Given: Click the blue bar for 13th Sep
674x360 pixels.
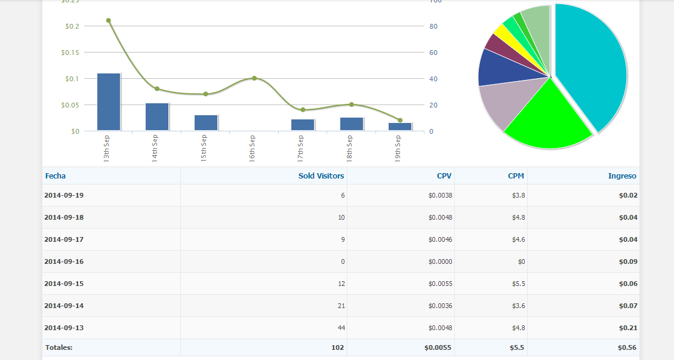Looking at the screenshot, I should point(109,101).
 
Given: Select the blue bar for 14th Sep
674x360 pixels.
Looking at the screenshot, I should point(157,116).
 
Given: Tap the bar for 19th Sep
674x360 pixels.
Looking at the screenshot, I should point(400,127).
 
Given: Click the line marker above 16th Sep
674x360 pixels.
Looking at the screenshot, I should point(254,78).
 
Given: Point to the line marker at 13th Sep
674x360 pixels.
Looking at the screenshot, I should point(109,20).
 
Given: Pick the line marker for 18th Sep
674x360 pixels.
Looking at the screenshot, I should point(352,104).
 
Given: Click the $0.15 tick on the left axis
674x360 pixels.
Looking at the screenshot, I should point(70,53).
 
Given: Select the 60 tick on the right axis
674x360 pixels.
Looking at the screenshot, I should point(433,53).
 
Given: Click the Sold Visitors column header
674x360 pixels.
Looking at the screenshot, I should point(321,176).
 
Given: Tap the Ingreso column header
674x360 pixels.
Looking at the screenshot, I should point(622,176).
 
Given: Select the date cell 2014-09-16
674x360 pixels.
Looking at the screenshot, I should point(64,261).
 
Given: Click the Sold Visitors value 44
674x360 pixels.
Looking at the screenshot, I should point(341,328).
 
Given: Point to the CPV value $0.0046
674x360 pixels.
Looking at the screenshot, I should point(440,239).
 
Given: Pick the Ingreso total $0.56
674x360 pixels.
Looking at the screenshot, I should point(627,347).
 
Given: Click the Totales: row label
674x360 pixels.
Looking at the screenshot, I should point(59,347).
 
